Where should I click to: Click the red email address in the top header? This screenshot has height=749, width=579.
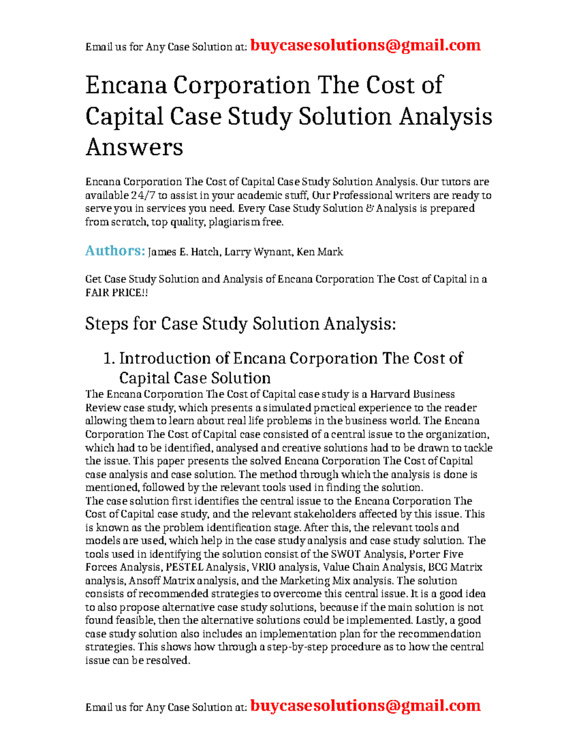coord(365,45)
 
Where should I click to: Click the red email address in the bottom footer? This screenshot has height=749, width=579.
coord(365,706)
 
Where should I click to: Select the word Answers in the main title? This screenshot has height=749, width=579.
coord(134,147)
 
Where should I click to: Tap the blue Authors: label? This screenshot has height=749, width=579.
coord(115,251)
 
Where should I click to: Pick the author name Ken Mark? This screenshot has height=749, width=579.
coord(320,252)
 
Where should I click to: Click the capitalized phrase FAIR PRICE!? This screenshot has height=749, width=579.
coord(116,293)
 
